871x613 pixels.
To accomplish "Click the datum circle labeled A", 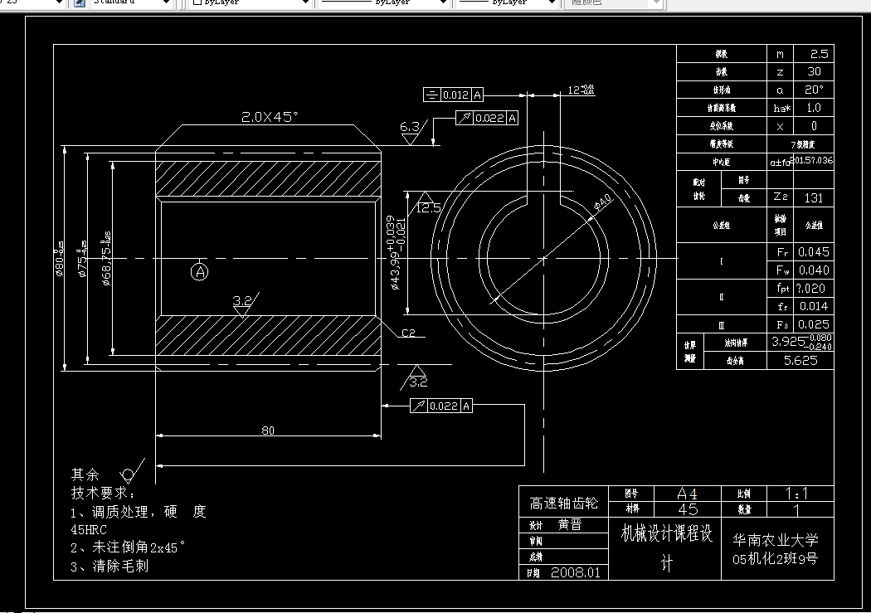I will [199, 271].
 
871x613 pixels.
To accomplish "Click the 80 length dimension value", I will [268, 430].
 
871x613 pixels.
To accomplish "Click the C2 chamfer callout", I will [408, 333].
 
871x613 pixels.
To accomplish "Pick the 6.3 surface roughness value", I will [410, 127].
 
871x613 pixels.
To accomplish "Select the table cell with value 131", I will [813, 198].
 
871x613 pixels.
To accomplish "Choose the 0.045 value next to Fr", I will [813, 251].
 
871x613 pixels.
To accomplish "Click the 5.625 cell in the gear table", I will [800, 361].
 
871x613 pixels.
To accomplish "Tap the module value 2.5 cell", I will [813, 54].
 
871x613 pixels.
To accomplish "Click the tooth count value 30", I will [813, 72].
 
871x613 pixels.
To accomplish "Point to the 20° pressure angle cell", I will [813, 90].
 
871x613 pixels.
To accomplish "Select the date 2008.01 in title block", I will [578, 572].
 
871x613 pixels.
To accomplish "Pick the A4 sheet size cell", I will [688, 493].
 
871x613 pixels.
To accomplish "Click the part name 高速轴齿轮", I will [563, 503].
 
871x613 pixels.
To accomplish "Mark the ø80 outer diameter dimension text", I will [60, 259].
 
